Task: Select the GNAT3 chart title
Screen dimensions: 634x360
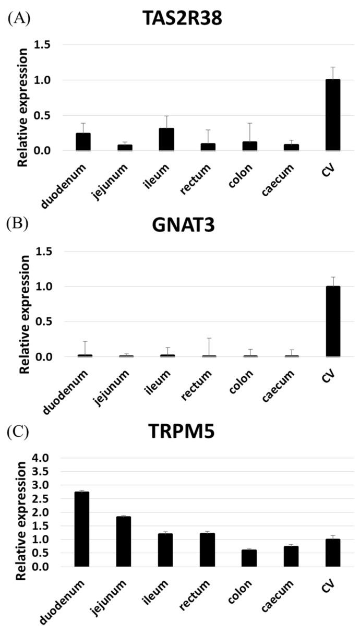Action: [x=184, y=225]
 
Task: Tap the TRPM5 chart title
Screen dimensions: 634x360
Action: [x=184, y=433]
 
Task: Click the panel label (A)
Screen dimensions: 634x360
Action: [x=19, y=18]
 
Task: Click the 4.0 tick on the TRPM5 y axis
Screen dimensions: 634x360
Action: [x=53, y=458]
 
